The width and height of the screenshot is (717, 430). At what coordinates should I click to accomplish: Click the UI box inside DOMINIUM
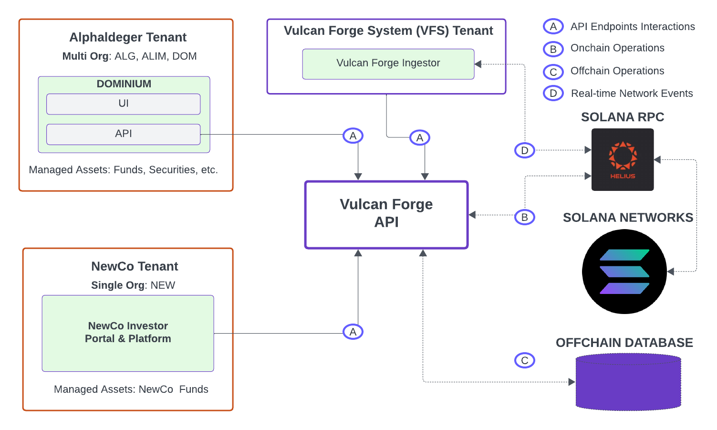tap(123, 104)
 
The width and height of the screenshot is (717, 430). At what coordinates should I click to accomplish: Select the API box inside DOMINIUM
tap(123, 134)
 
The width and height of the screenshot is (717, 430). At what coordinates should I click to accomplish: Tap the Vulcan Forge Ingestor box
tap(388, 63)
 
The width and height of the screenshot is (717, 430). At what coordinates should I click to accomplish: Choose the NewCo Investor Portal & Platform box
tap(128, 333)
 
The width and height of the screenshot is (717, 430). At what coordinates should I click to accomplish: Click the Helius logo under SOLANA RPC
tap(623, 159)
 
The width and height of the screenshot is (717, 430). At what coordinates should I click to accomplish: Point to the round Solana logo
tap(624, 272)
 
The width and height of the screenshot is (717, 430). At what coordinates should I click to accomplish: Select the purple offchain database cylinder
tap(628, 382)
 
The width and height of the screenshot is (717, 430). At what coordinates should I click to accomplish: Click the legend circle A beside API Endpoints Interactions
tap(553, 27)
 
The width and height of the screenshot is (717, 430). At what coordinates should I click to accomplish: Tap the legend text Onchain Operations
tap(617, 48)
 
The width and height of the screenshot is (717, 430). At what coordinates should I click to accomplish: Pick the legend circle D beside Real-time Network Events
tap(553, 94)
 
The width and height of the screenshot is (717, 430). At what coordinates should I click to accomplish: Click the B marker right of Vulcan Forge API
tap(525, 217)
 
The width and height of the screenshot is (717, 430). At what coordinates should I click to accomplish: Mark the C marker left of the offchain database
tap(525, 360)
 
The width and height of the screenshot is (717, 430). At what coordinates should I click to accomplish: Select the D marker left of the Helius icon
tap(525, 150)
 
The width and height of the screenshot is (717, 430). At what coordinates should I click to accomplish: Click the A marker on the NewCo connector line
tap(353, 332)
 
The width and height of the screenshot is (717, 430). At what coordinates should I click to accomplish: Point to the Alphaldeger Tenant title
tap(128, 37)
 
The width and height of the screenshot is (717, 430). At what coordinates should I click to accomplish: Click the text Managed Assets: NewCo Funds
tap(131, 389)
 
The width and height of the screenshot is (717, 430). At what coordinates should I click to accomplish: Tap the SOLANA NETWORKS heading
tap(628, 218)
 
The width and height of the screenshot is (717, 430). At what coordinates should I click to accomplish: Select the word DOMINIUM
tap(124, 84)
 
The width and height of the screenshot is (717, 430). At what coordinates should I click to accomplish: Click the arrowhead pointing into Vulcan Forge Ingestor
tap(478, 64)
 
